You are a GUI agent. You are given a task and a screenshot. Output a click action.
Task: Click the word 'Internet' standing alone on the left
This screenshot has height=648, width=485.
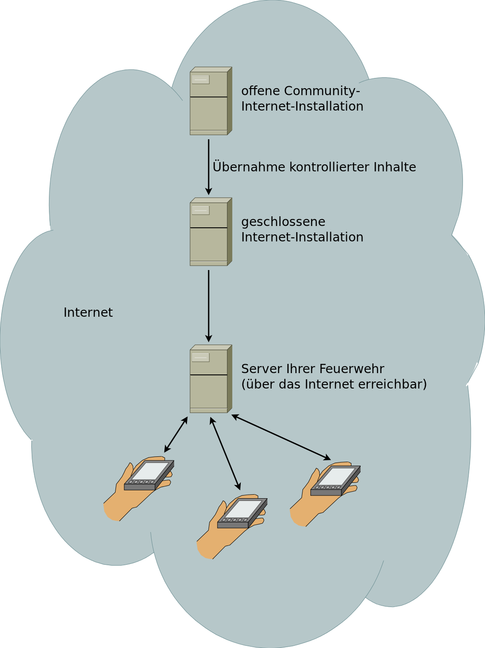click(x=88, y=312)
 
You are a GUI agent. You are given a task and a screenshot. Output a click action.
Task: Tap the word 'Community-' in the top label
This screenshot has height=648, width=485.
click(x=322, y=91)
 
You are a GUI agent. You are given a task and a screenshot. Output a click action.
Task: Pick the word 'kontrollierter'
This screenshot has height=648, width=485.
click(x=331, y=167)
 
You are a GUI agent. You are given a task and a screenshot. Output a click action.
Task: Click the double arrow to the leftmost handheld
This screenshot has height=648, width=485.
click(x=176, y=434)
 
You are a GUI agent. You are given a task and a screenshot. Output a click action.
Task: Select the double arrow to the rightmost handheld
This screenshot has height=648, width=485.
click(x=281, y=437)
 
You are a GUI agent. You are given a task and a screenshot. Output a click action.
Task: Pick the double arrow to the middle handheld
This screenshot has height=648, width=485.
click(x=225, y=453)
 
